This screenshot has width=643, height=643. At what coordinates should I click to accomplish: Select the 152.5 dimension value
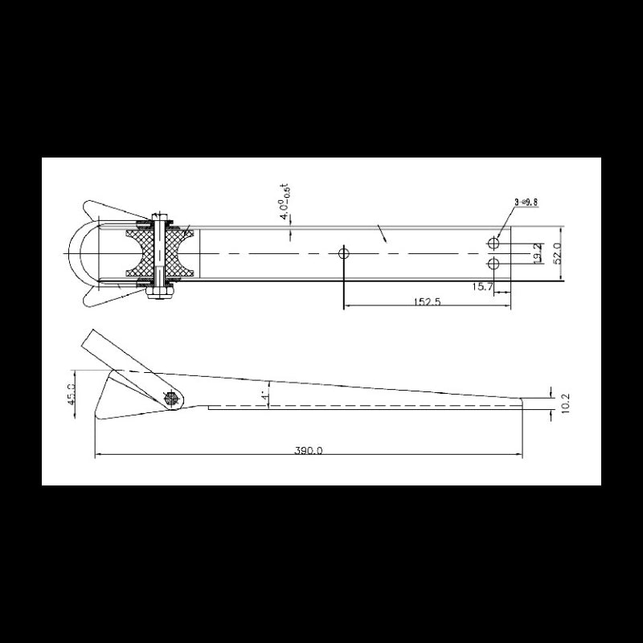tap(427, 301)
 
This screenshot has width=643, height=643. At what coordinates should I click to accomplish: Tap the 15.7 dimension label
tap(483, 286)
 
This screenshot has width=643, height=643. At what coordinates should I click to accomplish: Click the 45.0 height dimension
tap(72, 395)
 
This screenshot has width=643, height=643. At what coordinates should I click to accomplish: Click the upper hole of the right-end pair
tap(494, 242)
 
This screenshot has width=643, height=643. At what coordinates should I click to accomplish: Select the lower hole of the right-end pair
tap(494, 264)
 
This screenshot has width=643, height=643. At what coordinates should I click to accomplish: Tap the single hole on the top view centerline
tap(344, 253)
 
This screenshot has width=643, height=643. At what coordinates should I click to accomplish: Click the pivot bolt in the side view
tap(171, 398)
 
